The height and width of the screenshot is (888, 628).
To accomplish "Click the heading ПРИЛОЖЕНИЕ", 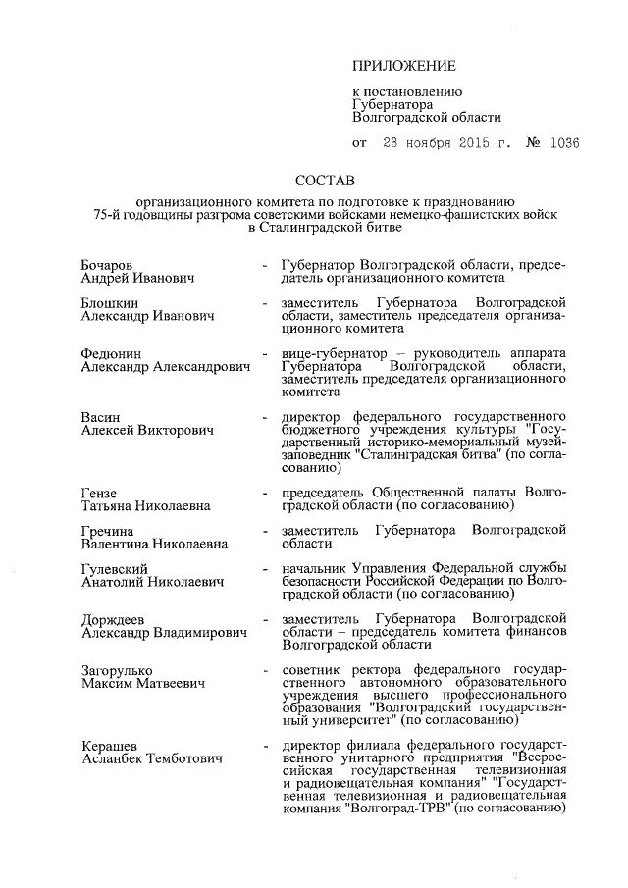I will point(404,67).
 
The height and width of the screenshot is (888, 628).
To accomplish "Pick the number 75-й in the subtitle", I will point(106,213).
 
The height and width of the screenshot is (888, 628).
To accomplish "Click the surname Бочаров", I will point(106,265).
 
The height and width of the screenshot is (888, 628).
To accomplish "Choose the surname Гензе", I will point(99,492).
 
